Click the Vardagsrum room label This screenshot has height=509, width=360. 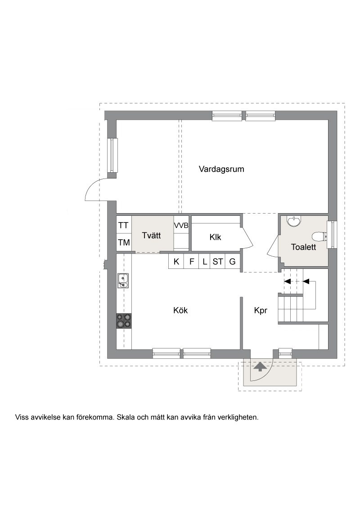click(221, 169)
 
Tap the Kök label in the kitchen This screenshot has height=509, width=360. click(180, 310)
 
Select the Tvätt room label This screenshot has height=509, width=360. click(151, 235)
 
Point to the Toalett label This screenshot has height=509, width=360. click(303, 247)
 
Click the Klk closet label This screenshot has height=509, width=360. click(215, 237)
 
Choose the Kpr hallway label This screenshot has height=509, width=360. click(261, 311)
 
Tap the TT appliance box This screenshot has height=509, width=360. click(124, 225)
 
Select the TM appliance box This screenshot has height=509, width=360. click(124, 242)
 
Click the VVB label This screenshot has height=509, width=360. click(181, 226)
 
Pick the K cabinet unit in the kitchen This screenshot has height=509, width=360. click(176, 261)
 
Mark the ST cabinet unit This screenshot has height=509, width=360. click(217, 261)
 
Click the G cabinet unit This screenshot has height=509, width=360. click(232, 261)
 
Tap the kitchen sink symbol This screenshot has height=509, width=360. click(123, 281)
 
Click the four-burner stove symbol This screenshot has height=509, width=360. click(124, 321)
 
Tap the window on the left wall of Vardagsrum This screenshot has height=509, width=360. click(113, 156)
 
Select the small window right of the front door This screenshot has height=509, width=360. click(286, 352)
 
